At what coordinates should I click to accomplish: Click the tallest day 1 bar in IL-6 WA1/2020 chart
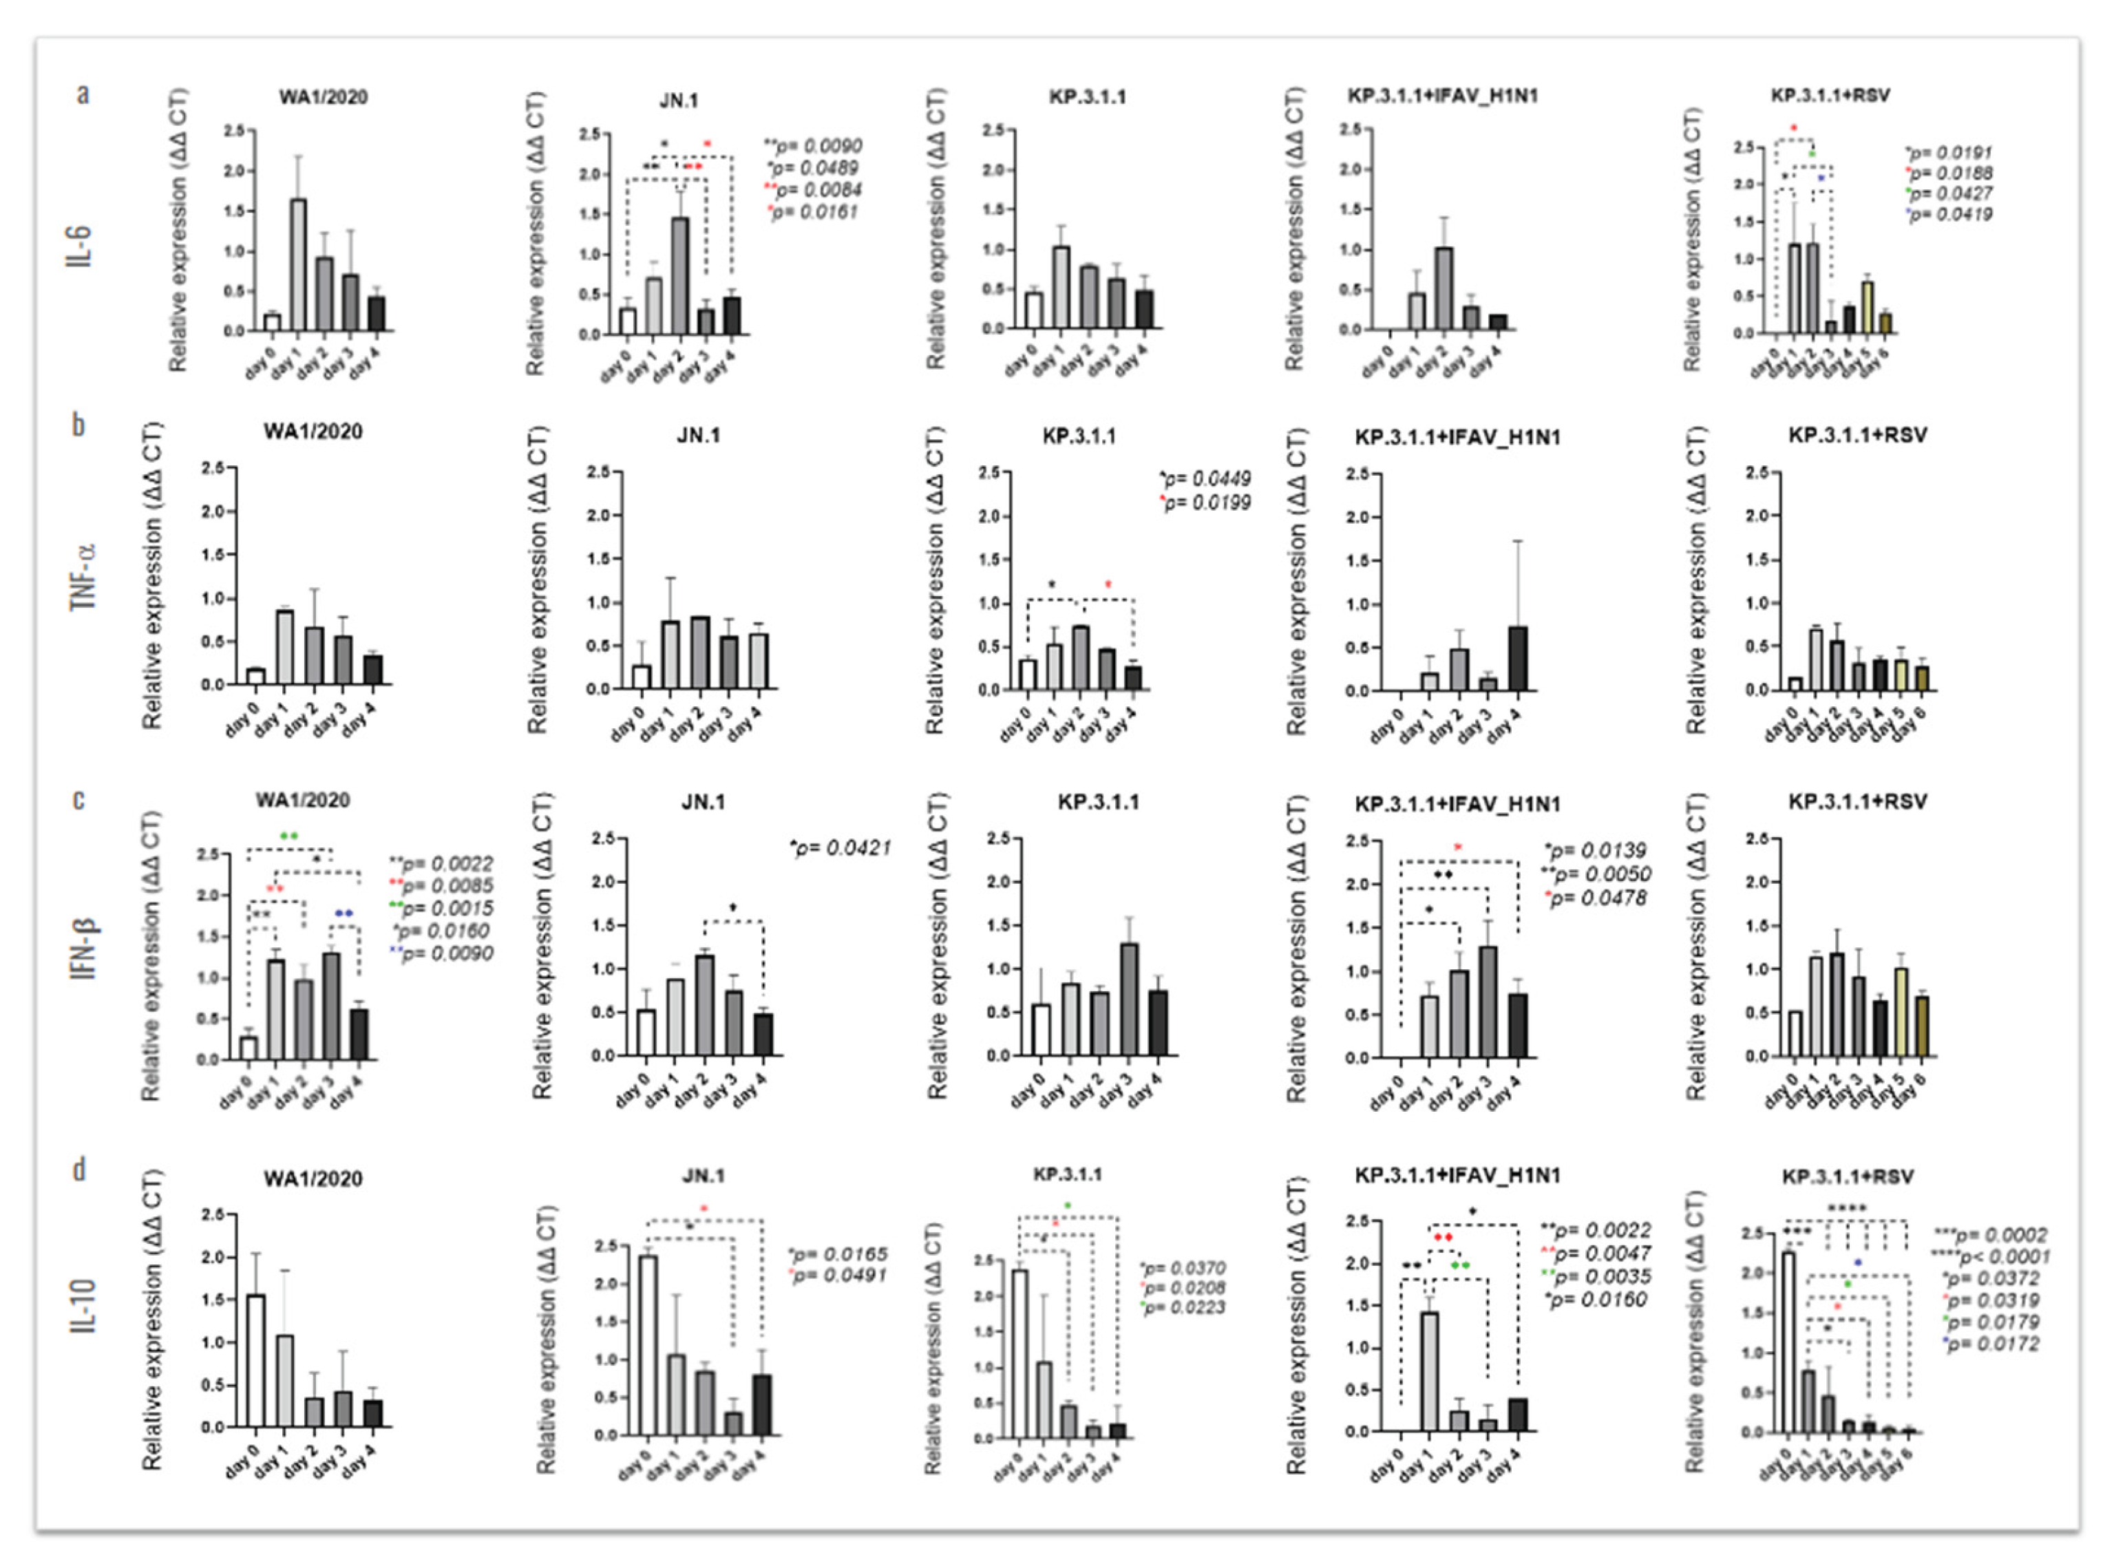(297, 266)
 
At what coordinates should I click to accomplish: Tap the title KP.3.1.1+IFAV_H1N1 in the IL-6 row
(1442, 96)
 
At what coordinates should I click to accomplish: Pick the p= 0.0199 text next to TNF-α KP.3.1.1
(1207, 502)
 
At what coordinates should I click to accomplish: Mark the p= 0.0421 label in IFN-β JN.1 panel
(841, 847)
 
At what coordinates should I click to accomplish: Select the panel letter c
(80, 800)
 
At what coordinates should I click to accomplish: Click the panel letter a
(83, 94)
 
